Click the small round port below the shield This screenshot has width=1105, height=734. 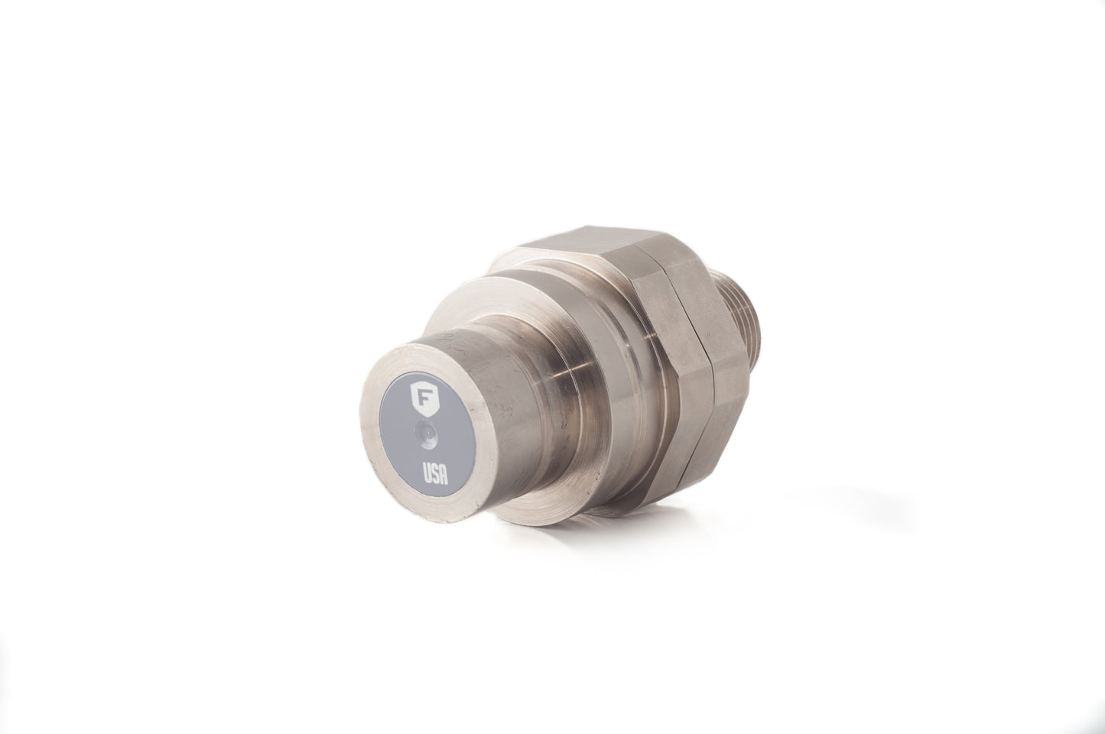(x=425, y=433)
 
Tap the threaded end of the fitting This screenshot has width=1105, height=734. (x=746, y=321)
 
